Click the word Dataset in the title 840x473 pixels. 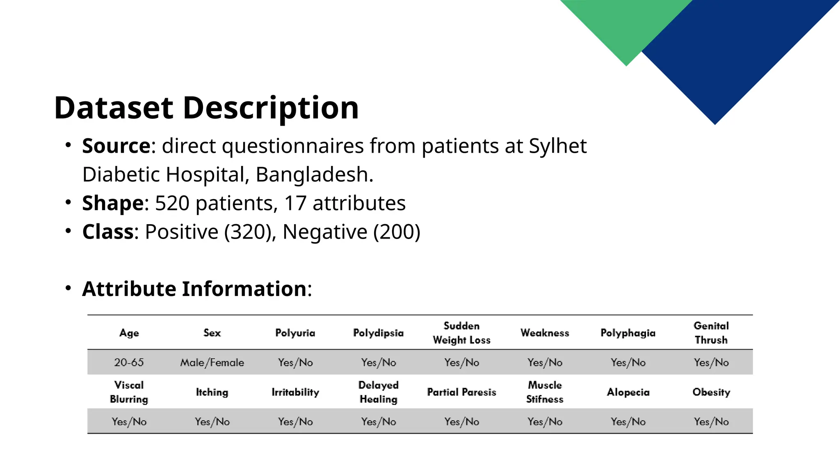(114, 108)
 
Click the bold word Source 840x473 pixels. (116, 146)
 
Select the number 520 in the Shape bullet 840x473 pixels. (172, 203)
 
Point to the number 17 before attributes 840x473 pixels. (295, 203)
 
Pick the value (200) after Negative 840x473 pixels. (397, 232)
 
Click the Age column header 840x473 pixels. (129, 333)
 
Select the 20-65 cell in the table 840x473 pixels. (129, 363)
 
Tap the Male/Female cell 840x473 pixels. (212, 363)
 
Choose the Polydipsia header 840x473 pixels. (378, 333)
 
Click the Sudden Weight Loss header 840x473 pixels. (461, 333)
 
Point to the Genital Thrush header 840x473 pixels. (711, 333)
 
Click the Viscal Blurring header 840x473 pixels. (129, 392)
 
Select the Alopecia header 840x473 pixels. (628, 392)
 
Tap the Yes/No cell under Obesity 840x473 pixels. (711, 422)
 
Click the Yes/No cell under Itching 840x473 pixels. (212, 422)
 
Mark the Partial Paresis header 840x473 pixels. (461, 392)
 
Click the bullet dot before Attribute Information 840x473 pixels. (68, 288)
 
